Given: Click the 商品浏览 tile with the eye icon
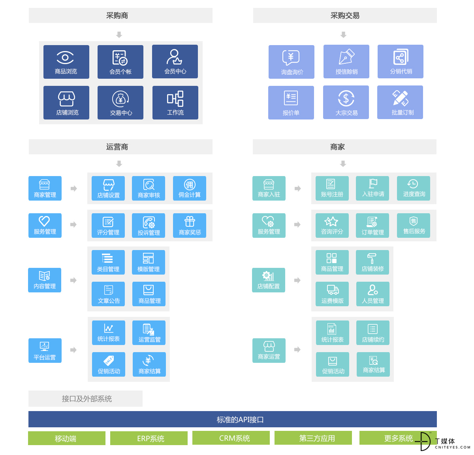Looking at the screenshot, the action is point(66,62).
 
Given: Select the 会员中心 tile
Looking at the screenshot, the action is point(175,61).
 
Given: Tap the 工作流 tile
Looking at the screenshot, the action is point(175,102).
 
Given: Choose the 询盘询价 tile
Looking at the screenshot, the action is point(292,62).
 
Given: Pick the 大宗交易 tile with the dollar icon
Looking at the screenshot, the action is point(346,102).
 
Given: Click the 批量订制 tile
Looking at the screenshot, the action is point(400,102).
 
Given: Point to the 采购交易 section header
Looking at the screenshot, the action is point(345,15).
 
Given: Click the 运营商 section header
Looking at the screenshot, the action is point(120,147).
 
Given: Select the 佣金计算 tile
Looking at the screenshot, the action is point(189,188).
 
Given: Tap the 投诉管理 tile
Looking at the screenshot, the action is point(149,226).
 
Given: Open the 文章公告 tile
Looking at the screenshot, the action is point(108,294).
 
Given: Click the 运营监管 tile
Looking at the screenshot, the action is point(149,332).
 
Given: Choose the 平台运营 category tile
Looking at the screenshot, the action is point(45,350).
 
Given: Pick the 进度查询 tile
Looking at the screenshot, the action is point(413,188).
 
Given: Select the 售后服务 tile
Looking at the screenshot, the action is point(413,226).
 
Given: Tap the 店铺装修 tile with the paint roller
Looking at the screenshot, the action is point(372,262).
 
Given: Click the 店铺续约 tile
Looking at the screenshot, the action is point(372,332).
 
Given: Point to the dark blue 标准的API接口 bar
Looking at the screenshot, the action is point(232,419).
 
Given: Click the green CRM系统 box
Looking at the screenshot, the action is point(231,438).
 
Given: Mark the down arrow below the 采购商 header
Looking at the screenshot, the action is point(119,35).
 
